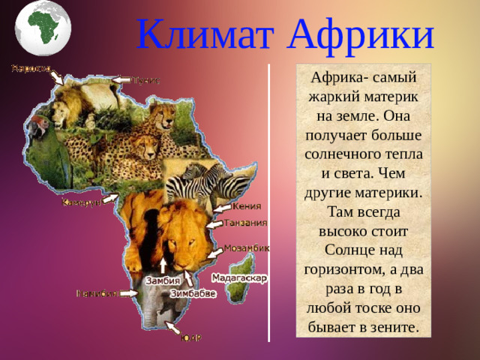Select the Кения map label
coord(247,206)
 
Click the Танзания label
coord(247,223)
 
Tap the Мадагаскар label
coord(239,277)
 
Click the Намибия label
coord(97,293)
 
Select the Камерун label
coord(82,202)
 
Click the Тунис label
coord(146,79)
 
